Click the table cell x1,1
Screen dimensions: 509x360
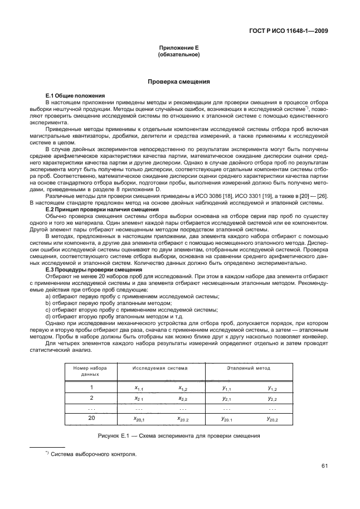[139, 387]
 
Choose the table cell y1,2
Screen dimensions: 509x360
[272, 387]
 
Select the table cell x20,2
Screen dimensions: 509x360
[184, 419]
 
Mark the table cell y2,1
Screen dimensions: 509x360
[226, 399]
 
